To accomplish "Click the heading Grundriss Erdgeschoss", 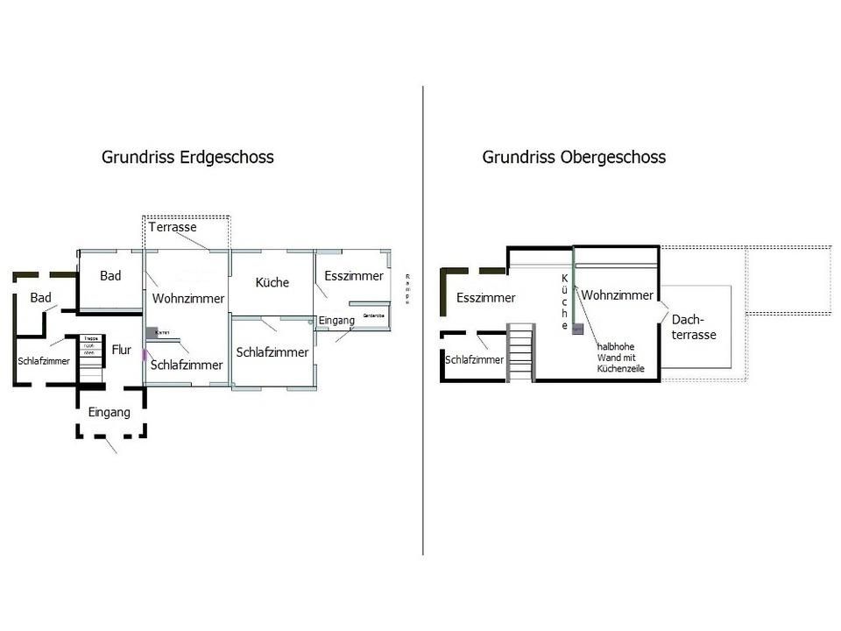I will (x=187, y=158).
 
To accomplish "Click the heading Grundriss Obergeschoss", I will (x=574, y=158).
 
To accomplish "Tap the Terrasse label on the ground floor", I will (x=173, y=227).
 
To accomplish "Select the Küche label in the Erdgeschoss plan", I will (x=272, y=282).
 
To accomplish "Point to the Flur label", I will (x=121, y=350).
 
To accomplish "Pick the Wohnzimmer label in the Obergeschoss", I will (x=617, y=295).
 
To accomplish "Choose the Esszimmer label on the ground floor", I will (x=354, y=276).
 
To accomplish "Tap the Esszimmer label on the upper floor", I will (x=485, y=298).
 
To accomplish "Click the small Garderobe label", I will (x=374, y=314).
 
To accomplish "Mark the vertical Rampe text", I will (x=407, y=289).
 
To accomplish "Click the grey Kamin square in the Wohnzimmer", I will (x=152, y=333).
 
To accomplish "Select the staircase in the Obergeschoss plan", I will (x=520, y=351).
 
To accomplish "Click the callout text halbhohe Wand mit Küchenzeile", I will (x=620, y=358).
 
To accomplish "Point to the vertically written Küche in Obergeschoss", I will (x=565, y=302).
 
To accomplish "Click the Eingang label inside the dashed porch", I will (x=110, y=412).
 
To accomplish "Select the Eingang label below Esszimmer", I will (x=336, y=321).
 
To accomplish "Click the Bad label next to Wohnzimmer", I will (x=110, y=276).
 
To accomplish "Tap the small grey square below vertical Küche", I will (x=578, y=328).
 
